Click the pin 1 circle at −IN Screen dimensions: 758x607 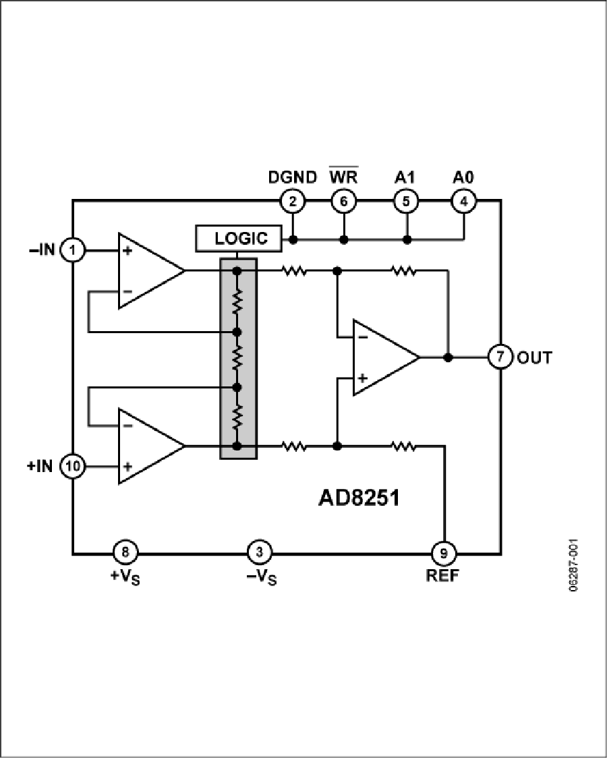coord(72,251)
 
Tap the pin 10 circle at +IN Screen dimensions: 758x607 coord(72,466)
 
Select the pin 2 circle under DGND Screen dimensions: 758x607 coord(292,200)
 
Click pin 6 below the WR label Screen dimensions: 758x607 coord(343,200)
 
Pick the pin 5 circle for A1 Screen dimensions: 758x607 coord(406,200)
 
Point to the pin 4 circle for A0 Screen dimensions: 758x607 coord(463,200)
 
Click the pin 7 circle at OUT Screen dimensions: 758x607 coord(500,357)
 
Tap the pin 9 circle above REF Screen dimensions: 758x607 coord(444,554)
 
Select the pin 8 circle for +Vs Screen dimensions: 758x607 coord(124,553)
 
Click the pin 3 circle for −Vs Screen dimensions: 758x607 coord(259,553)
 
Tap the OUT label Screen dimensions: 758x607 coord(534,357)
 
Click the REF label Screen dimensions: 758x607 coord(444,577)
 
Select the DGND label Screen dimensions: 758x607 coord(292,177)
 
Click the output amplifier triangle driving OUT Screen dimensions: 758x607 coord(381,357)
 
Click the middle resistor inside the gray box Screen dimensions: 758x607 coord(237,359)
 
